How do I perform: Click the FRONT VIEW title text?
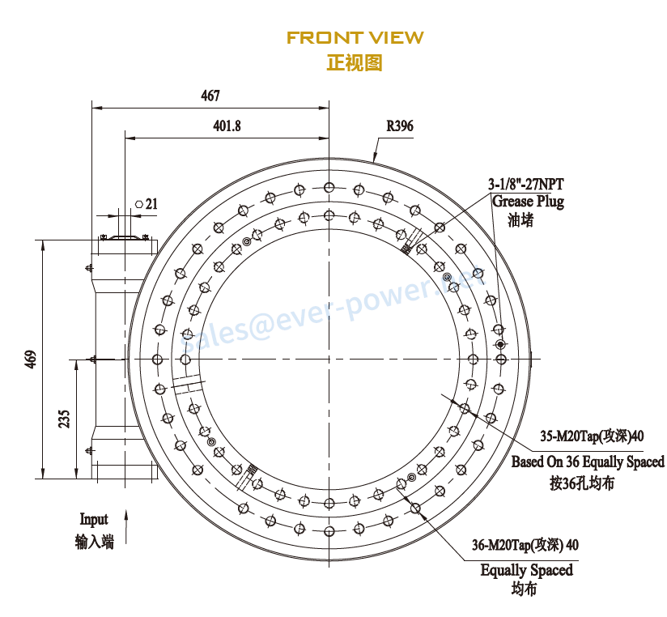click(x=355, y=37)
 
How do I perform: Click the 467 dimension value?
click(x=210, y=96)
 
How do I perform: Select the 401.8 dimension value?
click(x=227, y=126)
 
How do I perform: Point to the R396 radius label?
click(x=399, y=126)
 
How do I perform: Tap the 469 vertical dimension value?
click(x=31, y=360)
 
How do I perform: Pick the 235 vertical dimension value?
click(x=64, y=419)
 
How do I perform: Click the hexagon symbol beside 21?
click(x=139, y=204)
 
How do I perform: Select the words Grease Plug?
click(x=528, y=202)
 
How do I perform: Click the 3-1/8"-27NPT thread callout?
click(x=526, y=185)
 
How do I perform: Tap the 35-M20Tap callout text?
click(x=592, y=436)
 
